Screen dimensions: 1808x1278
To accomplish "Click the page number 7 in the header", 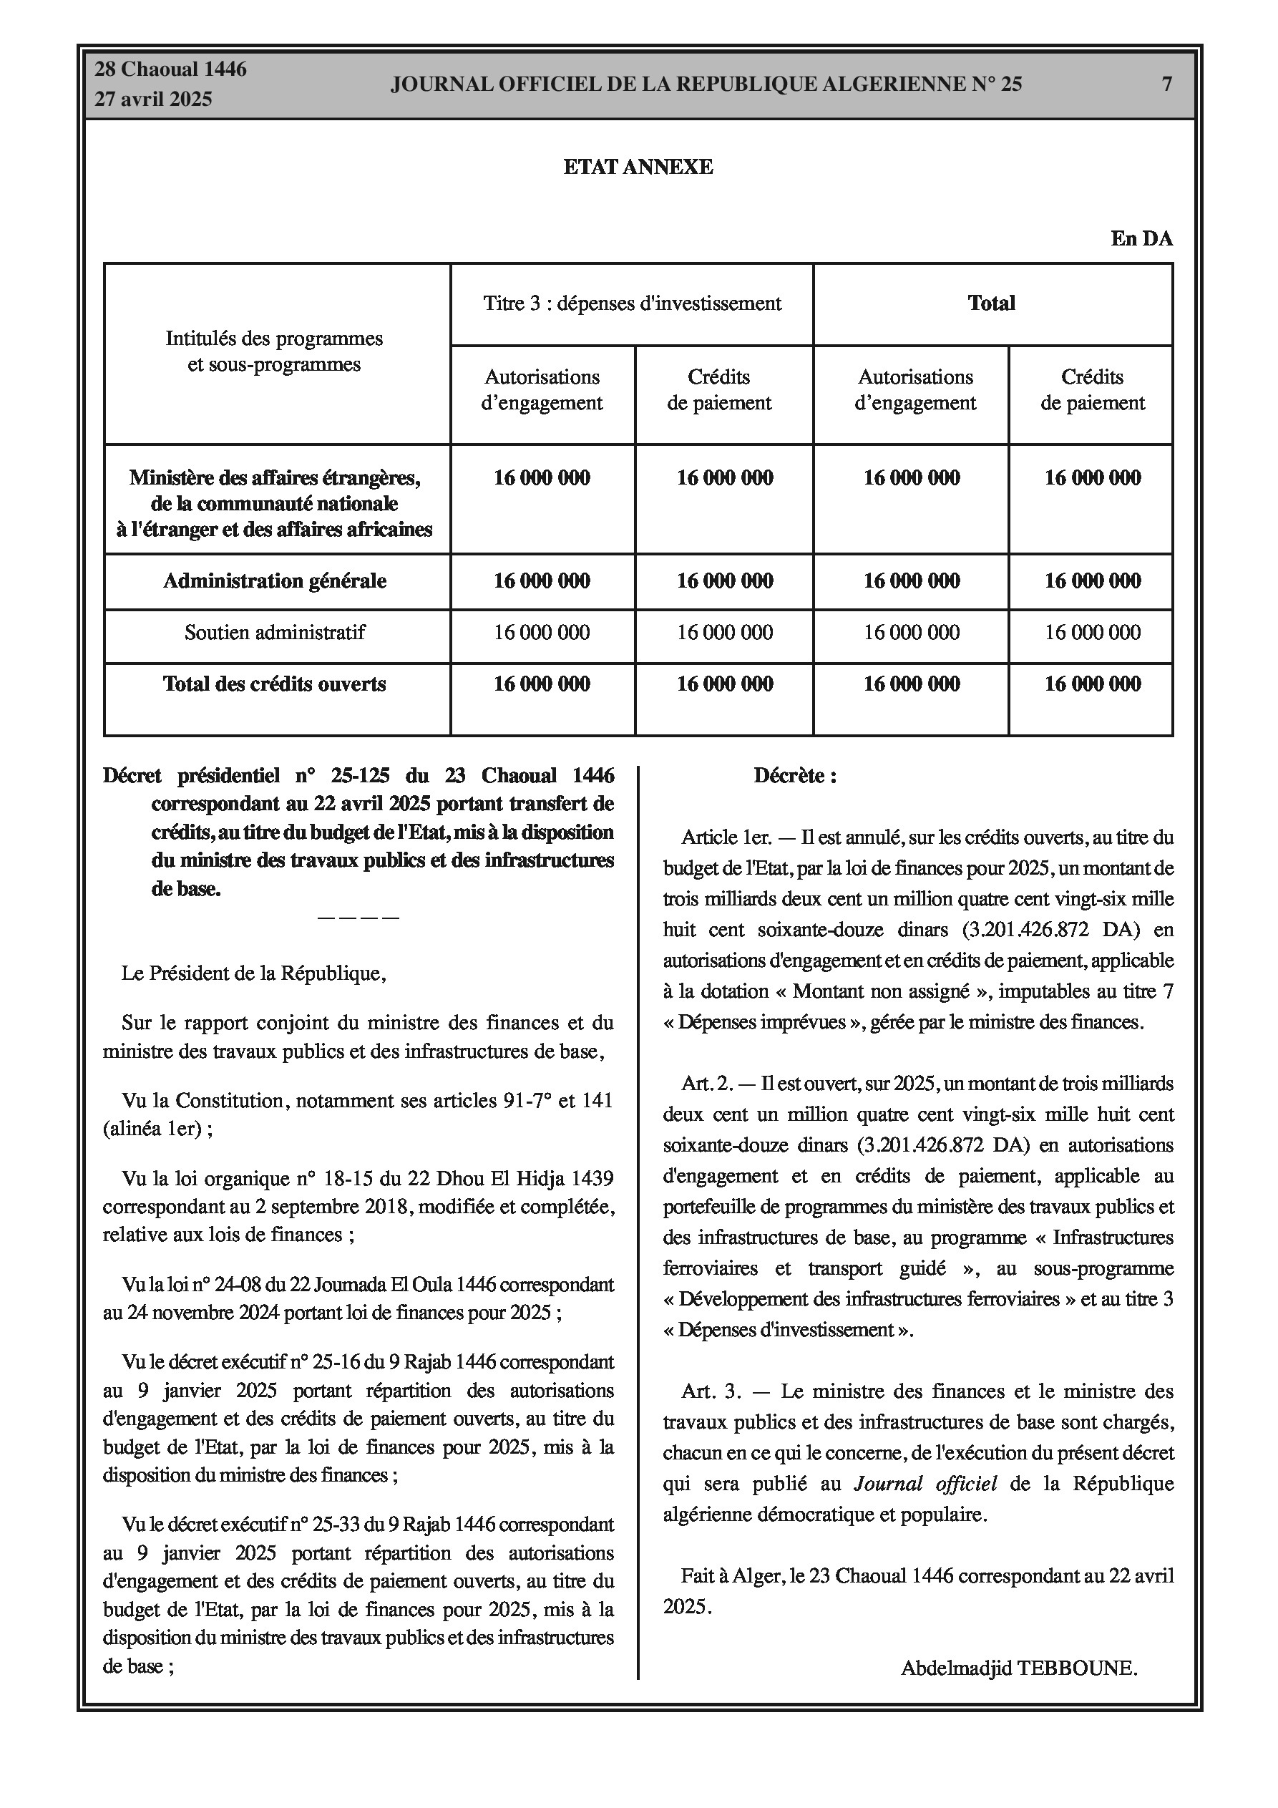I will point(1167,84).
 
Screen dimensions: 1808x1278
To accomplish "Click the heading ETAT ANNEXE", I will point(638,167).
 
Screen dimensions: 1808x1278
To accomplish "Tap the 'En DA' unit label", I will point(1141,238).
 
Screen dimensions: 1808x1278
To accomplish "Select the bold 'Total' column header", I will point(990,303).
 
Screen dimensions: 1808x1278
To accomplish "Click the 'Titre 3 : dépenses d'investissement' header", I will point(632,303).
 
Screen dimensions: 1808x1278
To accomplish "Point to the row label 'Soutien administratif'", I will point(274,632).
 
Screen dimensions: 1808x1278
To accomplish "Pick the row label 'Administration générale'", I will point(274,581).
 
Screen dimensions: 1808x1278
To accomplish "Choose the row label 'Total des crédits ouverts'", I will point(274,684).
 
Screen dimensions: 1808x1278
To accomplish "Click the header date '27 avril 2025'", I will point(154,99).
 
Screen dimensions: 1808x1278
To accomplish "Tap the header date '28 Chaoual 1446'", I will point(170,69).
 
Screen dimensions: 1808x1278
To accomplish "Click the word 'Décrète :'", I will point(794,776).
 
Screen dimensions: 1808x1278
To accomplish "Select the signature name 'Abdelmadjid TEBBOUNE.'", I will point(1019,1667).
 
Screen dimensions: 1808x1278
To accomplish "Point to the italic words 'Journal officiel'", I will point(925,1484).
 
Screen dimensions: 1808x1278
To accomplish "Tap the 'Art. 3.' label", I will point(711,1391).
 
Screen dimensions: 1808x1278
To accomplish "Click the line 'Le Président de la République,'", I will point(253,973).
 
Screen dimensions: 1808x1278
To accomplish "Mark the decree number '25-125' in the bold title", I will point(360,776).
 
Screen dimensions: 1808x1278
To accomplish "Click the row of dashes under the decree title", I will point(358,918).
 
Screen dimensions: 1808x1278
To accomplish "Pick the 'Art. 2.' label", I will point(707,1084).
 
